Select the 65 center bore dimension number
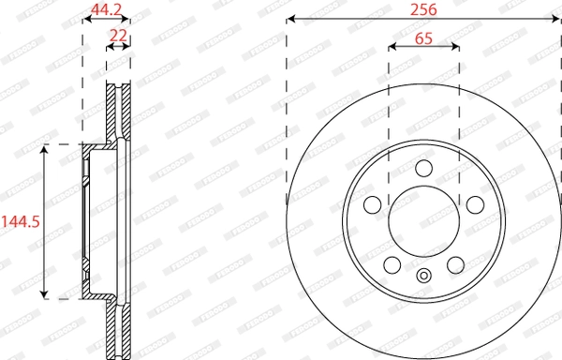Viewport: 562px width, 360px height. click(x=423, y=38)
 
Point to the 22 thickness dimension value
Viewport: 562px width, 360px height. click(x=118, y=36)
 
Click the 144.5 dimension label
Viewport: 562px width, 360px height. click(x=21, y=222)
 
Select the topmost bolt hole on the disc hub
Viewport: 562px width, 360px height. click(x=423, y=169)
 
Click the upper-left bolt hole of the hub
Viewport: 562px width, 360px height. click(x=372, y=205)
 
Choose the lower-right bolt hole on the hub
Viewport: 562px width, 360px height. click(x=455, y=265)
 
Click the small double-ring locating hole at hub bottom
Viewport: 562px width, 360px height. click(x=423, y=276)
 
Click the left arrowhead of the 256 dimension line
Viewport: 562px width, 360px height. click(x=291, y=19)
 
